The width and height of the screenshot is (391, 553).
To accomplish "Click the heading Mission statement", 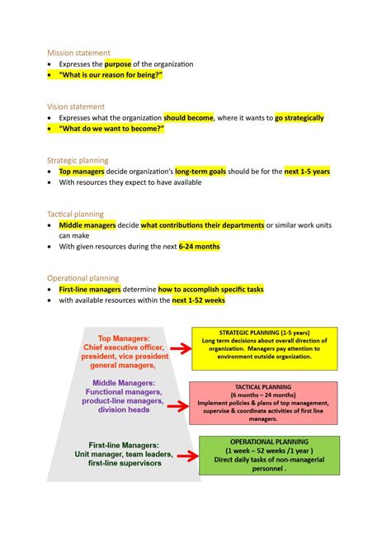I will (x=78, y=53).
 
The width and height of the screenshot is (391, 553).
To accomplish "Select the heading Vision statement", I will (x=76, y=106).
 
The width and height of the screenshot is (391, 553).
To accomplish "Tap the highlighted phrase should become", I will (x=188, y=118).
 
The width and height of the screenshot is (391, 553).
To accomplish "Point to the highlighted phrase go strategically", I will (x=299, y=118).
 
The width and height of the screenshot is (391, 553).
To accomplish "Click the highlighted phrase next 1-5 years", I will (x=307, y=172).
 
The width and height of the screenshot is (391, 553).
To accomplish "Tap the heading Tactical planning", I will (x=76, y=214).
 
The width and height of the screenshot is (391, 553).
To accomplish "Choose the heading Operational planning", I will (x=82, y=278).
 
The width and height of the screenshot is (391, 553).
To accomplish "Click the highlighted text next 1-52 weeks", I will (x=198, y=300).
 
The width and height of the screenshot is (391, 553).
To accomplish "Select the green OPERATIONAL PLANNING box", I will (x=269, y=456).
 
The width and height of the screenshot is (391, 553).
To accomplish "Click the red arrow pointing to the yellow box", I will (x=177, y=350).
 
